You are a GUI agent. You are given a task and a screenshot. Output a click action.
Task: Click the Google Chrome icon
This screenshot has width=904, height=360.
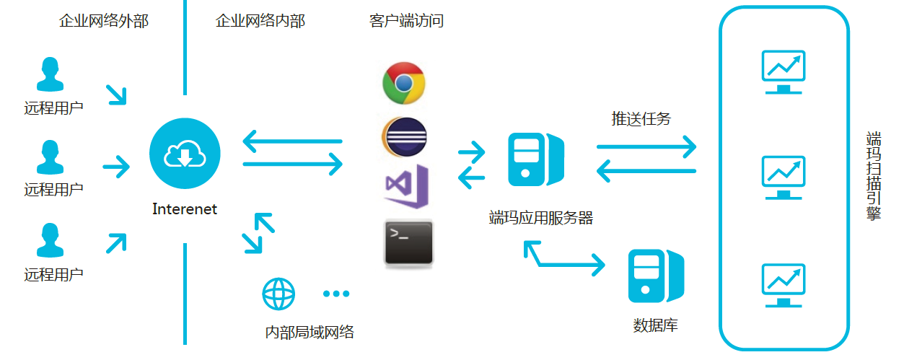coord(404,82)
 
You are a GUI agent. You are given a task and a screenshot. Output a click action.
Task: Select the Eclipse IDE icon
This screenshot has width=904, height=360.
coord(404,136)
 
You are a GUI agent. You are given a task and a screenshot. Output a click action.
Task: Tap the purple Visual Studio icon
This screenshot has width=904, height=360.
coord(406,186)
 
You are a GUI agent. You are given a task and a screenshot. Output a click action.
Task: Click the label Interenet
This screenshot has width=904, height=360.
coord(185,209)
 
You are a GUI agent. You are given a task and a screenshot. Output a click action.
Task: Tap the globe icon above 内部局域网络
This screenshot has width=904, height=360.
coord(278,293)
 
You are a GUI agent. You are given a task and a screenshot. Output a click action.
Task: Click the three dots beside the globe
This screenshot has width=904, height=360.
coord(336,294)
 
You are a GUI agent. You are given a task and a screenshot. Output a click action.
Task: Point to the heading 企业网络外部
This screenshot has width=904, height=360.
coord(104,21)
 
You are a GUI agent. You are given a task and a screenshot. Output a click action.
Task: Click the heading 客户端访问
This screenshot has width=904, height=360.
coord(406,21)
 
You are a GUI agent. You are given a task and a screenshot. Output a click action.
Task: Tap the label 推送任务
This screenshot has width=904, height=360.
coord(641,118)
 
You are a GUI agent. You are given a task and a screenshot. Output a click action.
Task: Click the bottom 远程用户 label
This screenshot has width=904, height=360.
coord(53,274)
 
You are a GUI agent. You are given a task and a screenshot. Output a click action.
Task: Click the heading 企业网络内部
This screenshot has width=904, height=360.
coord(260,21)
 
